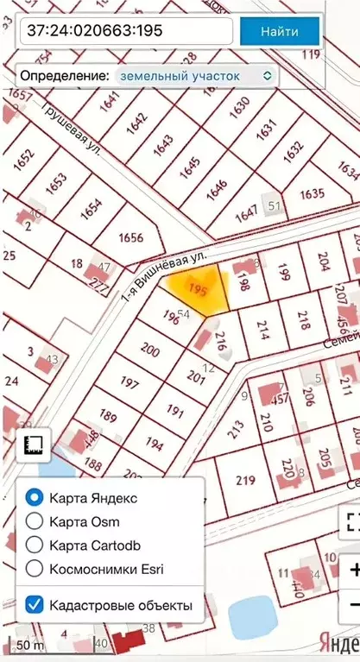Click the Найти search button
point(280,32)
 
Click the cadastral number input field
point(127,32)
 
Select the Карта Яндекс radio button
point(35,498)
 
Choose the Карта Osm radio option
point(35,521)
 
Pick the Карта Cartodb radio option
point(35,545)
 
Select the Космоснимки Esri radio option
point(35,568)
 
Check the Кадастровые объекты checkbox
point(35,605)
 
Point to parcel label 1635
point(312,192)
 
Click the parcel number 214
point(263,327)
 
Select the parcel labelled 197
point(130,382)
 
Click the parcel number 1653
point(56,183)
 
